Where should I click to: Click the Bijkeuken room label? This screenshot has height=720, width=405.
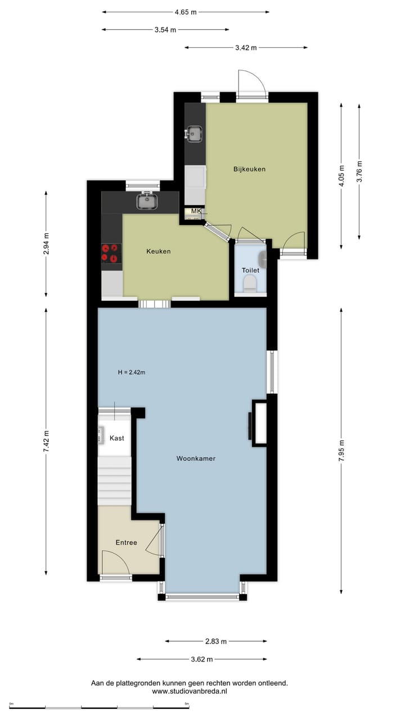tap(249, 169)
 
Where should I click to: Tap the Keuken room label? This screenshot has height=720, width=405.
tap(158, 251)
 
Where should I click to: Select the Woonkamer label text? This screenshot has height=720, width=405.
tap(196, 458)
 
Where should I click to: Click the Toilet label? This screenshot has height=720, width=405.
tap(250, 271)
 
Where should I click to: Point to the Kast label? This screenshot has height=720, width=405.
tap(117, 438)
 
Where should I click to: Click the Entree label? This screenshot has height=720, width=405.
tap(127, 543)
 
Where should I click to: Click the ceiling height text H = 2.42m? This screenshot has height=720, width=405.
tap(132, 372)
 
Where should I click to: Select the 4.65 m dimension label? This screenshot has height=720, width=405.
tap(186, 12)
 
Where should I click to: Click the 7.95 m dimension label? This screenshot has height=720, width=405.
tap(341, 450)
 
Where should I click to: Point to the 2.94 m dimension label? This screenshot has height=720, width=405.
tap(46, 244)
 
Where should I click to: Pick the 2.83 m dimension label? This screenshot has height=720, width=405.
tap(216, 641)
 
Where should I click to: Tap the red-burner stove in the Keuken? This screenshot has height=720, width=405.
tap(111, 253)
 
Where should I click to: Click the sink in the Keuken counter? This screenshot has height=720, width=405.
tap(147, 200)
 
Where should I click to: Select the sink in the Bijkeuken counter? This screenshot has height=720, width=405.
tap(195, 134)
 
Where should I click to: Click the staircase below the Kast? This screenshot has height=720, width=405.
tap(115, 481)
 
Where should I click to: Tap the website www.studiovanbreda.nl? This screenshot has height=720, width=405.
tap(190, 691)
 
